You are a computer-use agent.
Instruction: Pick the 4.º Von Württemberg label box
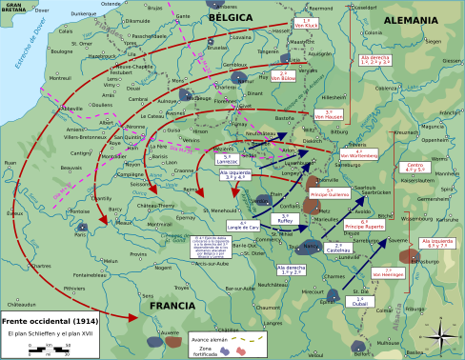(x=358, y=152)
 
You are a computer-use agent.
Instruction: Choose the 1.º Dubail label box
(x=359, y=300)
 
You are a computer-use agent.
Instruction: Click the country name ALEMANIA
(x=411, y=20)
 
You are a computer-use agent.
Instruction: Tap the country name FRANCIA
(x=171, y=306)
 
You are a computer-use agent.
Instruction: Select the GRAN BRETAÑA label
(x=13, y=7)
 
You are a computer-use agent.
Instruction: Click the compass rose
(x=440, y=335)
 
